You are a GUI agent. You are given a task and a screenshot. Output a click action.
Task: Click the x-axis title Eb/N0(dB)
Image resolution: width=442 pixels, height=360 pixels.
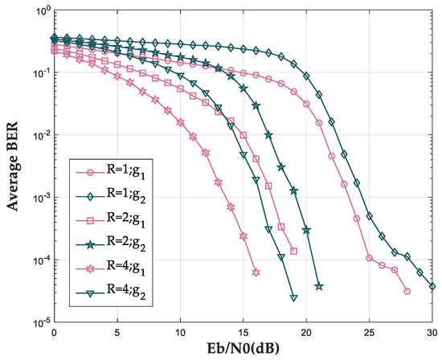point(243,350)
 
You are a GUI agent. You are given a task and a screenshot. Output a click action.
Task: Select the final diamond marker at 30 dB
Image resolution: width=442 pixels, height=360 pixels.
point(432,286)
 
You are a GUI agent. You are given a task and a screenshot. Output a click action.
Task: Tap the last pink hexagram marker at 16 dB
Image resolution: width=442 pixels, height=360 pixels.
point(256,272)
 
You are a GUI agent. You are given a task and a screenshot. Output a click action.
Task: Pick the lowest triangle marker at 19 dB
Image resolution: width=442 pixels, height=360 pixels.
point(293,298)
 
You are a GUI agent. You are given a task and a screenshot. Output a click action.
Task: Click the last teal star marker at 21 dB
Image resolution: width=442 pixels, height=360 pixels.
point(319,286)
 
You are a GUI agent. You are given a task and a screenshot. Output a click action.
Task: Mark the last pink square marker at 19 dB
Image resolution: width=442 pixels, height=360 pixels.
point(293,251)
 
